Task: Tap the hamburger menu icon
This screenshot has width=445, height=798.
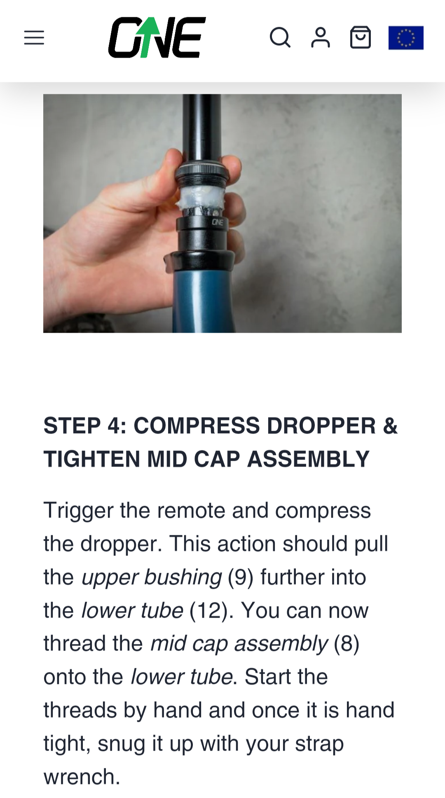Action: (34, 37)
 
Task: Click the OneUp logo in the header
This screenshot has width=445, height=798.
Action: (157, 37)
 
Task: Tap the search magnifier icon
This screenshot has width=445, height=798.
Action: (280, 37)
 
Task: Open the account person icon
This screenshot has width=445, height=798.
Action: (321, 37)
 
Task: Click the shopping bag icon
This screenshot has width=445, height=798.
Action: (361, 37)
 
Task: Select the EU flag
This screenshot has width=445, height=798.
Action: (406, 38)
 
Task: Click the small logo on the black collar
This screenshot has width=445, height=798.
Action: (218, 223)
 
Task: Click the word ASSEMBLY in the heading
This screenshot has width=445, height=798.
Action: (308, 459)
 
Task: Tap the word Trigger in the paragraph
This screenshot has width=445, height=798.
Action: (78, 511)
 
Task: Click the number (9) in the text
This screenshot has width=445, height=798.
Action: (241, 577)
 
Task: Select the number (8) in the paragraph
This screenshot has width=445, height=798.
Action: (347, 644)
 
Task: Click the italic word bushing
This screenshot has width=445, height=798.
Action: (183, 578)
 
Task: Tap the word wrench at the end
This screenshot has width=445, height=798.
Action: (82, 777)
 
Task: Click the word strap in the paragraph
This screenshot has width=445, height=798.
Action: (319, 744)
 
